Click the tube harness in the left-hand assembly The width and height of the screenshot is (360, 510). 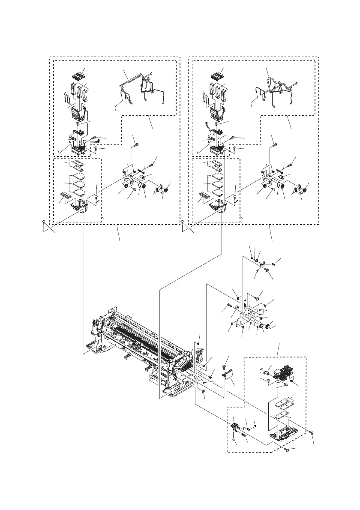141,88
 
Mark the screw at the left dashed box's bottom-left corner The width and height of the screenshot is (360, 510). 44,222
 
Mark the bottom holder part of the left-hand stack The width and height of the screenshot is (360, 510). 80,206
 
